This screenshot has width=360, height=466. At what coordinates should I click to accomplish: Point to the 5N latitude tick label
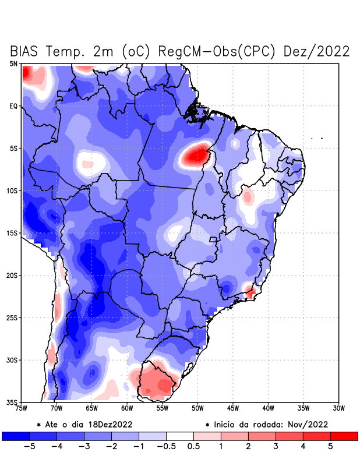13,63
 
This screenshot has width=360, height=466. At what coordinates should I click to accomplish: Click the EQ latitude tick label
13,106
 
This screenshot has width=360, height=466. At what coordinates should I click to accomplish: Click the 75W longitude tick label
22,408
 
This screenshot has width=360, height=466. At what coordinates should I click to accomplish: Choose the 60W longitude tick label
127,408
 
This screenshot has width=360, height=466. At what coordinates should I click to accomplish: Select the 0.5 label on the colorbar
193,447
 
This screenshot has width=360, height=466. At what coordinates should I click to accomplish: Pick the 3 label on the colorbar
276,447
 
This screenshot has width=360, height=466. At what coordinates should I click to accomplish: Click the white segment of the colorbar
180,436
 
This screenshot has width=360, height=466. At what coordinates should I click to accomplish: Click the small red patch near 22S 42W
251,292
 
